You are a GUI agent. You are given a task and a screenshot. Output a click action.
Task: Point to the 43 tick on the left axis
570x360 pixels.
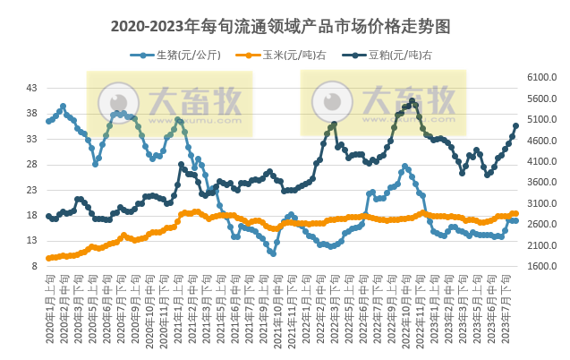[31, 88]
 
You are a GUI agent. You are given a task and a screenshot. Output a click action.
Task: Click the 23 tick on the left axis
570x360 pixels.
[31, 190]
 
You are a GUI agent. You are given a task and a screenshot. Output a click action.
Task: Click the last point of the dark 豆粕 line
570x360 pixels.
[515, 125]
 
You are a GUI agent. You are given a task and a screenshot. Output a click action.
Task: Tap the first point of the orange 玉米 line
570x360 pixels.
[48, 258]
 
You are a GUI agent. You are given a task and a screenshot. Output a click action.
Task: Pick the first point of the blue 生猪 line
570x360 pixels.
[48, 121]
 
